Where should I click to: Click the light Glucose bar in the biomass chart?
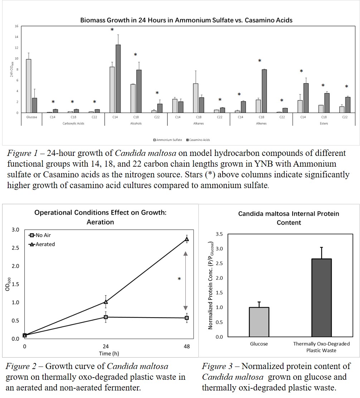click(x=29, y=86)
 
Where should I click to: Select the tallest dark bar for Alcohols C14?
click(x=118, y=79)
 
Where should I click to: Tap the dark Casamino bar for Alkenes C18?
click(x=264, y=91)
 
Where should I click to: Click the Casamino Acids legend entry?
click(x=197, y=140)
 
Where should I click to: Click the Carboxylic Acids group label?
click(x=73, y=124)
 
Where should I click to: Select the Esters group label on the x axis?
click(x=323, y=124)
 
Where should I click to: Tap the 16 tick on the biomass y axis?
click(x=16, y=26)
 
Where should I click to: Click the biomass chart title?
click(x=186, y=20)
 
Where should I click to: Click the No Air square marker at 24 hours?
click(x=106, y=317)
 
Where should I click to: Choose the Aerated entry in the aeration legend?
click(x=44, y=244)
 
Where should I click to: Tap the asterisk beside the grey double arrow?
click(x=179, y=279)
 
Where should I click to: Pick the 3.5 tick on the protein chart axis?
click(x=220, y=234)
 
